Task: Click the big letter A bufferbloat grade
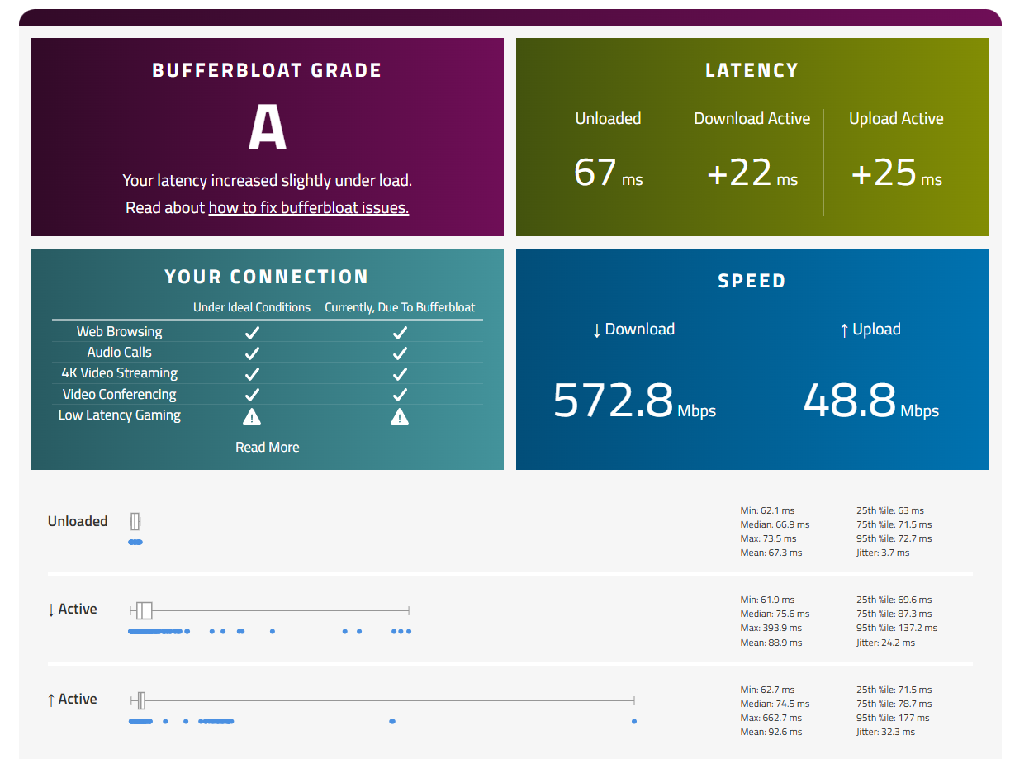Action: point(267,126)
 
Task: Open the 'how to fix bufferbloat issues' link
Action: point(308,207)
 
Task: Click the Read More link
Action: point(267,447)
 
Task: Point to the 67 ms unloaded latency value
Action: point(607,173)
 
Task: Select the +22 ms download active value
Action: point(752,173)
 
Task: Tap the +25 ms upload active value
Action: point(895,173)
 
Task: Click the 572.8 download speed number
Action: point(613,400)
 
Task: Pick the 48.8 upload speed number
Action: point(849,400)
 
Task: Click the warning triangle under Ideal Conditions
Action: point(252,416)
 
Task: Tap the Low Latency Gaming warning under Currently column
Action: point(400,416)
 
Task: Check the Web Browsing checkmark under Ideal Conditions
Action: point(252,332)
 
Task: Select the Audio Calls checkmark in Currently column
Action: point(400,353)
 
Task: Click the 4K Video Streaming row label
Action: point(119,372)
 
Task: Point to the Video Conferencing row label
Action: point(119,394)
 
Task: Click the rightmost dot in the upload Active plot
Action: point(633,721)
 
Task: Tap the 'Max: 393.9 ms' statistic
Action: point(771,628)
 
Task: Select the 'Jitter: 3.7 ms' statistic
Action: point(882,552)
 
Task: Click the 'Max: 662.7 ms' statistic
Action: point(771,718)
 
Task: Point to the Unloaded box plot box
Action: point(135,521)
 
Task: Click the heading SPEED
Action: point(752,281)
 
